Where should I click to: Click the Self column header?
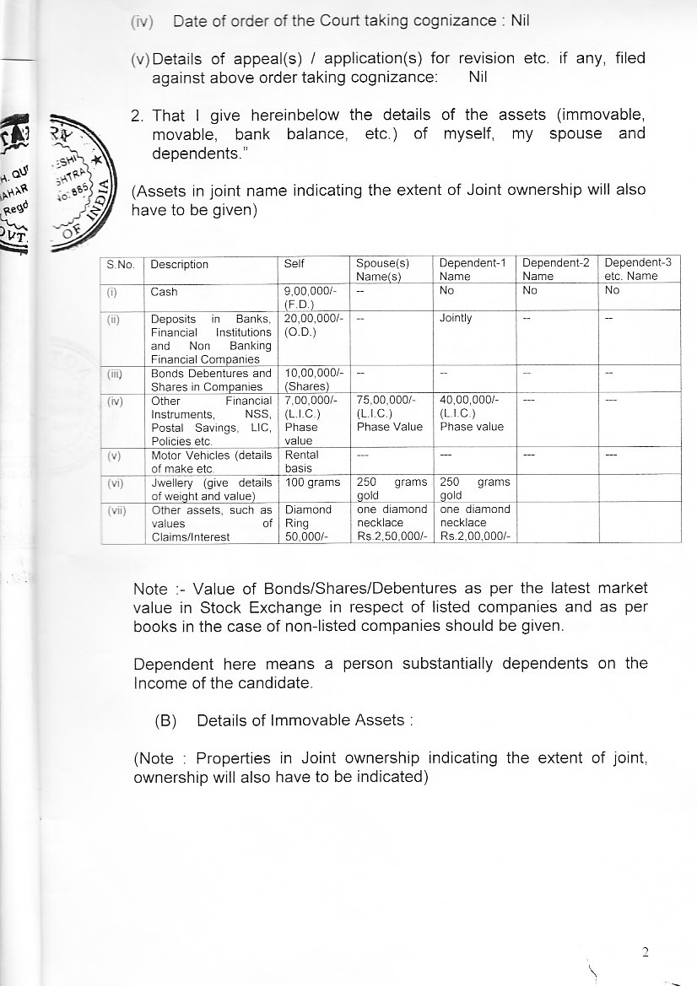(x=294, y=264)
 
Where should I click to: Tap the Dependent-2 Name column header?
(x=548, y=269)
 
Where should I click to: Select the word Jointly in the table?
(x=456, y=318)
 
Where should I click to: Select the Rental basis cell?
(x=301, y=461)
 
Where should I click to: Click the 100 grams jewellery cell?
(x=305, y=482)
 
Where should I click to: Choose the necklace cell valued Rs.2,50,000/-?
(x=392, y=522)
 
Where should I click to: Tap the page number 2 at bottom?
(x=646, y=952)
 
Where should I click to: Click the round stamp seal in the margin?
(x=76, y=181)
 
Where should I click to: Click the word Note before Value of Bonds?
(x=149, y=588)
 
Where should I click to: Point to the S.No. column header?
(x=122, y=264)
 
